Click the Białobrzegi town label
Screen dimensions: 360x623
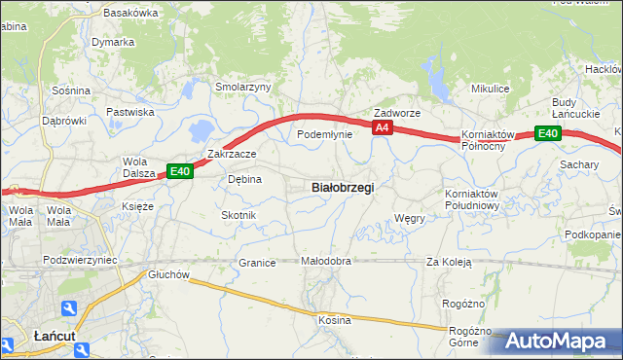click(x=342, y=187)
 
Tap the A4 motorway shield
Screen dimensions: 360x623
click(x=382, y=127)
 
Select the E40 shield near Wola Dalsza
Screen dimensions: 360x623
click(x=180, y=171)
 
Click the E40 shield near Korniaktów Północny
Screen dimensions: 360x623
click(x=548, y=134)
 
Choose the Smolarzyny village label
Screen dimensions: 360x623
click(x=242, y=87)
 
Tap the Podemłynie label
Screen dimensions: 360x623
click(x=324, y=134)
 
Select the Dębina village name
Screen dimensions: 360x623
click(x=244, y=179)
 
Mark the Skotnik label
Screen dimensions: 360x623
click(x=238, y=214)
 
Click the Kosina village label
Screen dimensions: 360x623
click(x=333, y=319)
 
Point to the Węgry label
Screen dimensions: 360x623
click(x=409, y=219)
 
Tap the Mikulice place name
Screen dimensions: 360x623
click(x=491, y=89)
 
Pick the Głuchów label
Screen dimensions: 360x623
click(x=167, y=274)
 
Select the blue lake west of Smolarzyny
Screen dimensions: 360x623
click(x=202, y=128)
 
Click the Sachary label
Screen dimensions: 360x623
click(x=579, y=165)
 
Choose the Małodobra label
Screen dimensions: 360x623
click(x=325, y=262)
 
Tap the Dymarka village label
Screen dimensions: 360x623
click(x=113, y=43)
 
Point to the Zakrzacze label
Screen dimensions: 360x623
click(x=232, y=154)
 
